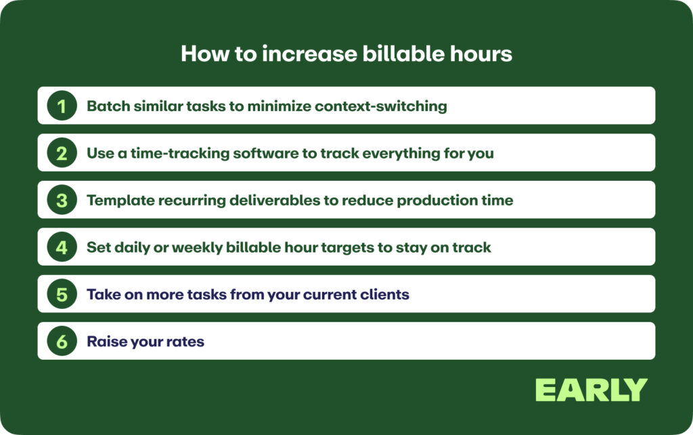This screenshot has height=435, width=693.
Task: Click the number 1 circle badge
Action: click(62, 106)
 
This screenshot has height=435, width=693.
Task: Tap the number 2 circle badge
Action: click(62, 153)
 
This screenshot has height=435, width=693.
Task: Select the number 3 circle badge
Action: click(62, 200)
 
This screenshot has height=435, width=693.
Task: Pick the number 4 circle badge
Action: click(62, 247)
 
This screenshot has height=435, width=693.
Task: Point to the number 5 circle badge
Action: click(62, 294)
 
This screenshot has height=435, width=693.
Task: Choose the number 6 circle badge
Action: click(62, 341)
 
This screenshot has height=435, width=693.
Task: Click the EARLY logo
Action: click(591, 390)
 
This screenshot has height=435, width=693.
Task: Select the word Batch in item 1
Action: click(108, 106)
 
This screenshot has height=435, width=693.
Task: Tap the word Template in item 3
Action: click(116, 200)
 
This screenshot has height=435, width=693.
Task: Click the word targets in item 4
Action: click(349, 247)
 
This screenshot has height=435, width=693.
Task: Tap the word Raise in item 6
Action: click(106, 341)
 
